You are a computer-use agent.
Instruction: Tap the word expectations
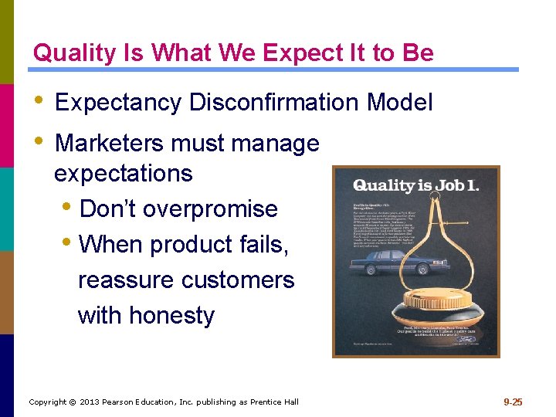pyautogui.click(x=124, y=173)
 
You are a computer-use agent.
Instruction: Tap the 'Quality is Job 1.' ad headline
pyautogui.click(x=415, y=186)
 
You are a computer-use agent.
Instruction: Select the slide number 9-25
pyautogui.click(x=513, y=402)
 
